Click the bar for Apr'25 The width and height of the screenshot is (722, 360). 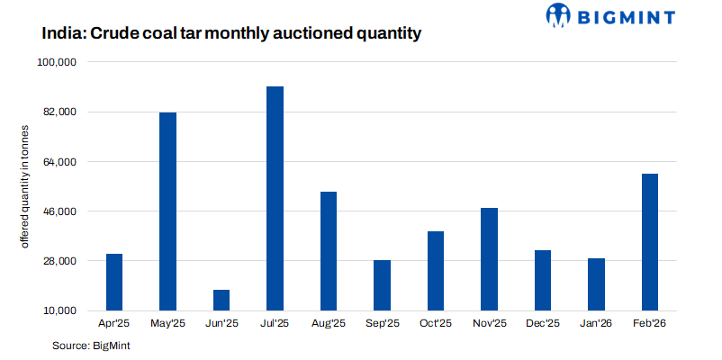click(114, 282)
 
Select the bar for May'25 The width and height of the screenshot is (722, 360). click(167, 211)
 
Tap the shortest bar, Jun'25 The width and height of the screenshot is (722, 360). click(221, 300)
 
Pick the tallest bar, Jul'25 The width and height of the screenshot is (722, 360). click(275, 198)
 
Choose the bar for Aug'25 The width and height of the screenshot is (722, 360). click(329, 251)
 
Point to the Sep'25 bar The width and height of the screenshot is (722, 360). click(382, 285)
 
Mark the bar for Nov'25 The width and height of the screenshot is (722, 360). click(489, 259)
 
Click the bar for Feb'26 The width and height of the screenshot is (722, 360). click(649, 242)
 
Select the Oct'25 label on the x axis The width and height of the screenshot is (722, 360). click(436, 324)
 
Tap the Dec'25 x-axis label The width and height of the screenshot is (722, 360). click(542, 324)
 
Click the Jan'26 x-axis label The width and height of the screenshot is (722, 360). click(596, 324)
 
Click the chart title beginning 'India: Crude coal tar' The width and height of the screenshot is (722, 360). click(231, 34)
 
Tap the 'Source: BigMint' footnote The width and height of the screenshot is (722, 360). click(92, 346)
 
